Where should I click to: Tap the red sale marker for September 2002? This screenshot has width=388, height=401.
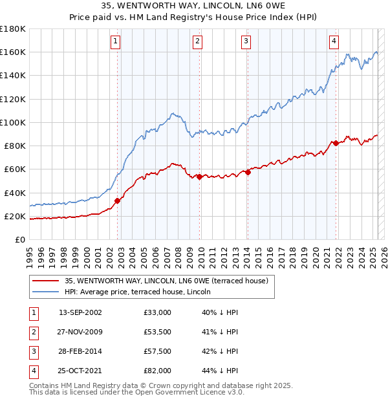118,200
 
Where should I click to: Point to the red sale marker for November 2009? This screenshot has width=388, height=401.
199,177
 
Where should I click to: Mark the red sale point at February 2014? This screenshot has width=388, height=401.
248,172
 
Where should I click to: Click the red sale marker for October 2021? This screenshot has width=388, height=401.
336,143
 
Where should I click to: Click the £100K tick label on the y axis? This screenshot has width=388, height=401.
12,122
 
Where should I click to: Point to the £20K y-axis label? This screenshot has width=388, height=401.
15,216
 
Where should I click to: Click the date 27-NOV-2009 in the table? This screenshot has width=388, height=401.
80,332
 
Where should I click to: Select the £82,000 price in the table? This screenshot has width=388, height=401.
158,371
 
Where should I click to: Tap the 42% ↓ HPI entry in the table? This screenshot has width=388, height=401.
220,352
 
